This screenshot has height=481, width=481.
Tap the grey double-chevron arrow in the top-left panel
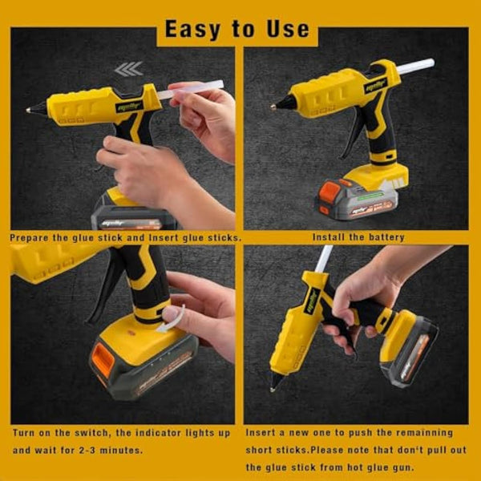pos(128,69)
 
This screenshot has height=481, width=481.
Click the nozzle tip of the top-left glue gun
pos(29,109)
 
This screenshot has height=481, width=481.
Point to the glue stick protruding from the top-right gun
pos(416,67)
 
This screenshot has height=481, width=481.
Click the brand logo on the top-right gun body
pos(375,86)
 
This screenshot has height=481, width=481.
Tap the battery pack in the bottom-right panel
pos(412,349)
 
